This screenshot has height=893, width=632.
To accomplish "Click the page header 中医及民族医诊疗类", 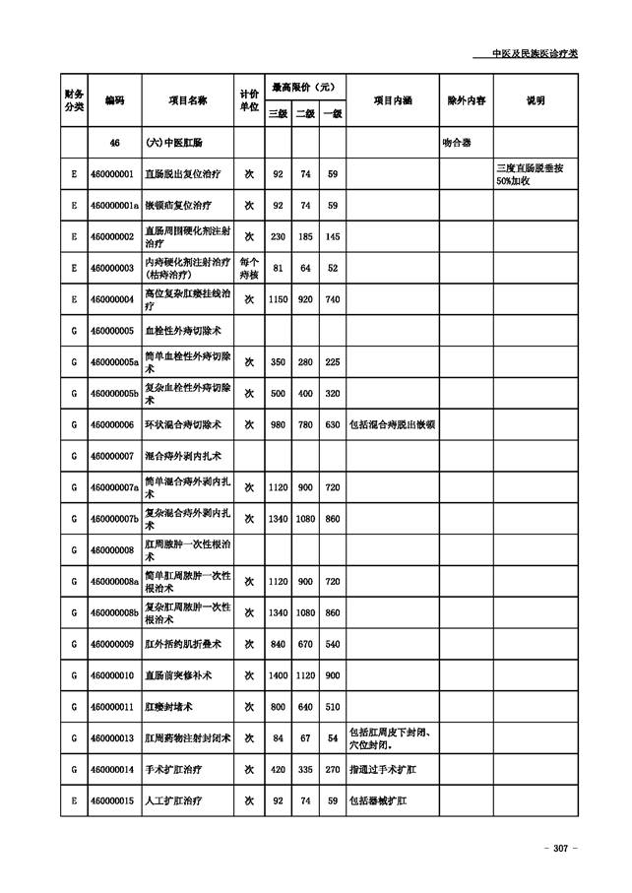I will pyautogui.click(x=534, y=53).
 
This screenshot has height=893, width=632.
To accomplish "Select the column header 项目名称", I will pyautogui.click(x=188, y=100).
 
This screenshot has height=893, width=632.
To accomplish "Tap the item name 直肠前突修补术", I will pyautogui.click(x=178, y=675).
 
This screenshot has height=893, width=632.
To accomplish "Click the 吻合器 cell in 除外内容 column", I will pyautogui.click(x=458, y=143).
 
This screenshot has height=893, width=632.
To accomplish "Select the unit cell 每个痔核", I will pyautogui.click(x=249, y=268).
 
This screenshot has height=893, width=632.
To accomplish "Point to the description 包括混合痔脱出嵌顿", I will pyautogui.click(x=393, y=424).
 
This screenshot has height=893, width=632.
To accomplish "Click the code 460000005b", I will pyautogui.click(x=114, y=393).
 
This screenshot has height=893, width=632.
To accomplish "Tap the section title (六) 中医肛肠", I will pyautogui.click(x=174, y=143).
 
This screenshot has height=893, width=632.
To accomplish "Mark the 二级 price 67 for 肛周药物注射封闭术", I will pyautogui.click(x=305, y=737).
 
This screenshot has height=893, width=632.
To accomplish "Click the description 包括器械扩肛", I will pyautogui.click(x=379, y=800).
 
